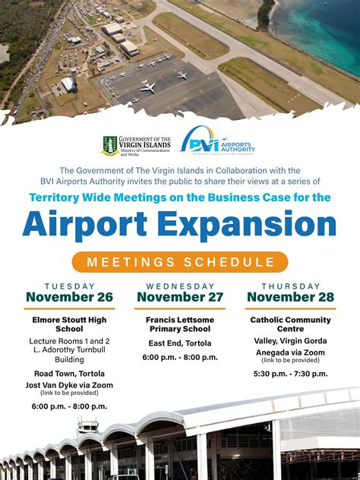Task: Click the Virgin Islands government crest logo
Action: (110, 145)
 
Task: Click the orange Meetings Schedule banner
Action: (180, 262)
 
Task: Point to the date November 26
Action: (69, 297)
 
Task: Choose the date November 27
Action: (180, 297)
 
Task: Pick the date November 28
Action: (291, 297)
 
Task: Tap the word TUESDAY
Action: (69, 286)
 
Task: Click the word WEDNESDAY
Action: (180, 286)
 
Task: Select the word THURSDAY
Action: (291, 286)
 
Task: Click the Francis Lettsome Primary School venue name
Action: (180, 324)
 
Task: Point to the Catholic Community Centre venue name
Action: (291, 324)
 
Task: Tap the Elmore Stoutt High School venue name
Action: (69, 324)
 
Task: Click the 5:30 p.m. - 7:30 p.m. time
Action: (291, 374)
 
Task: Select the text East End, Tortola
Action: (180, 343)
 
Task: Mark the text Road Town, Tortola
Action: (69, 374)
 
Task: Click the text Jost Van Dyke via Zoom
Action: (69, 385)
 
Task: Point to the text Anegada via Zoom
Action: (291, 352)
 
